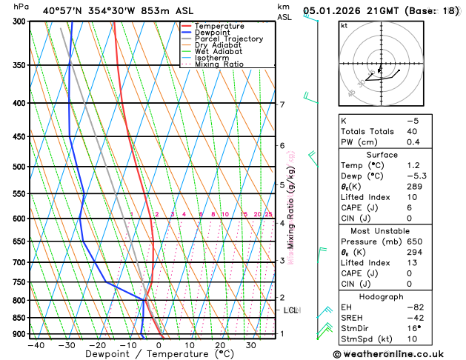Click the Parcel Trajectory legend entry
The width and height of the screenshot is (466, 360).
coord(228,39)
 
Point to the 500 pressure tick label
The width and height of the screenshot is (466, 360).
coord(19,167)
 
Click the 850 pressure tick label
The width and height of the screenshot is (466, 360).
coord(19,318)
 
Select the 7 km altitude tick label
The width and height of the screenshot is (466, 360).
coord(282,104)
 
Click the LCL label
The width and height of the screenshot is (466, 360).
coord(290,310)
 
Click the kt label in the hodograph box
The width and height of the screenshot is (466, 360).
coord(344,26)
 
